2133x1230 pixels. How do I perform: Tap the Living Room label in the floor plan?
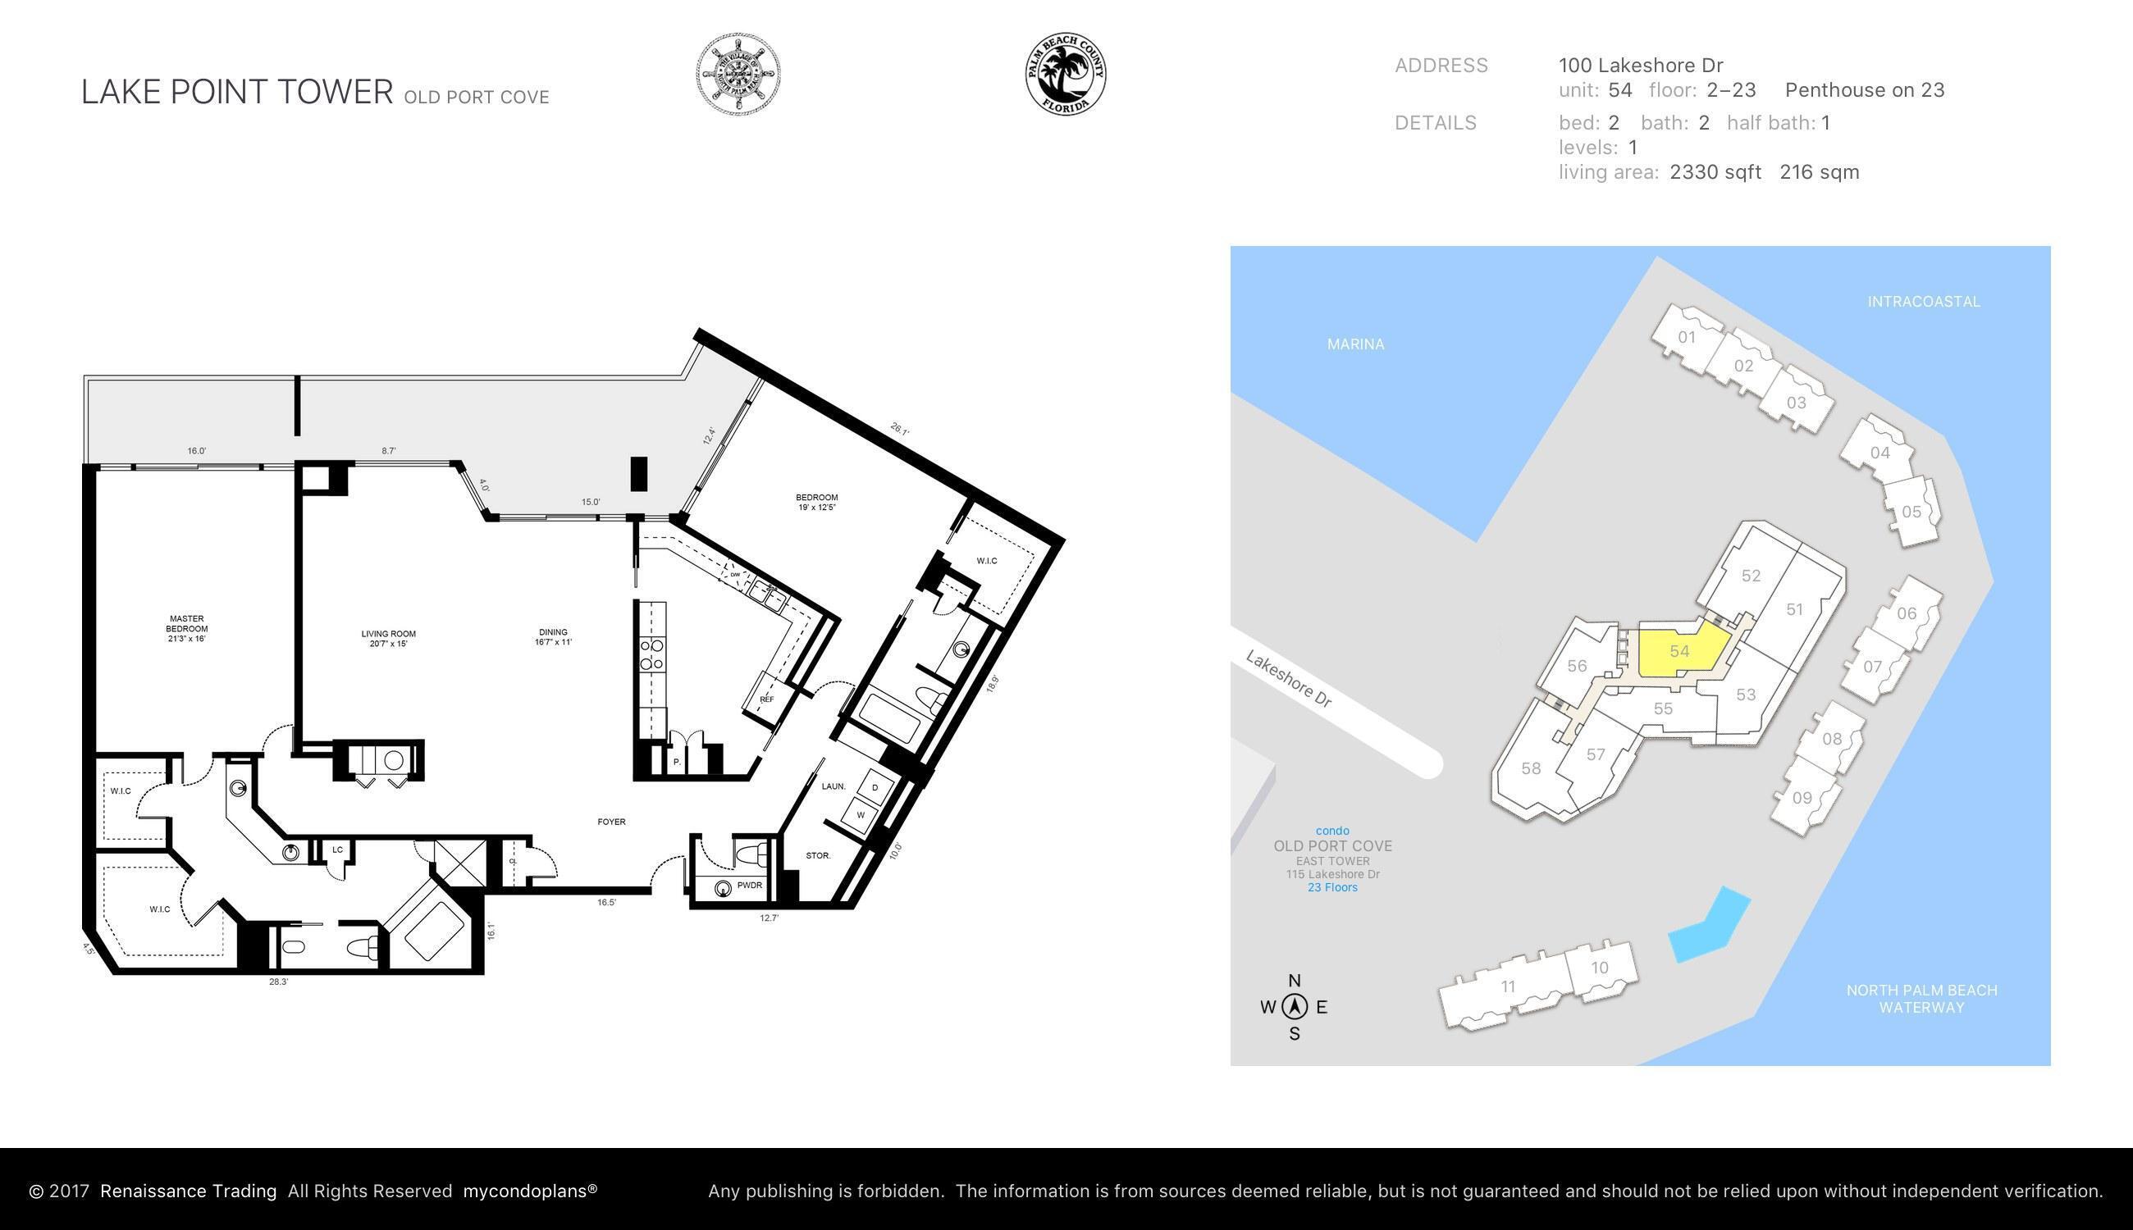(389, 639)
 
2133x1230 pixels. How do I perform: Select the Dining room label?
(553, 637)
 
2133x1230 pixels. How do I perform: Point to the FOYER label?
(611, 822)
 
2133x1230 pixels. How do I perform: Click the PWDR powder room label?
(749, 886)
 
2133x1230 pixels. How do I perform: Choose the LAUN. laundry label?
(834, 786)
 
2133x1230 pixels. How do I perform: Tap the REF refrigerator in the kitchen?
(766, 699)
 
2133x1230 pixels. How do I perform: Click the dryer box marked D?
(875, 787)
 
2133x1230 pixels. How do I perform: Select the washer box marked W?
(861, 815)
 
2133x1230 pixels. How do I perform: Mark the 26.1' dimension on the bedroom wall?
(899, 430)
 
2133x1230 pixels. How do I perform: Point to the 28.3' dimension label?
(278, 982)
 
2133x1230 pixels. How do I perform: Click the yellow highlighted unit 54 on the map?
(1679, 651)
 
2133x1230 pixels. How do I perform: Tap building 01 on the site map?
(1686, 338)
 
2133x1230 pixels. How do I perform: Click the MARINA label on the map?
(1354, 344)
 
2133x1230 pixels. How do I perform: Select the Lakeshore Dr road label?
(1288, 678)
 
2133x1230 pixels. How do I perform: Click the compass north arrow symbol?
(1294, 1007)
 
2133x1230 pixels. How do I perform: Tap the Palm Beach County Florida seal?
(1066, 75)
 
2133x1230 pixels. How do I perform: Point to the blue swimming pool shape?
(1709, 927)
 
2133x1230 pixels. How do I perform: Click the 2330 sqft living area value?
(1715, 172)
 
